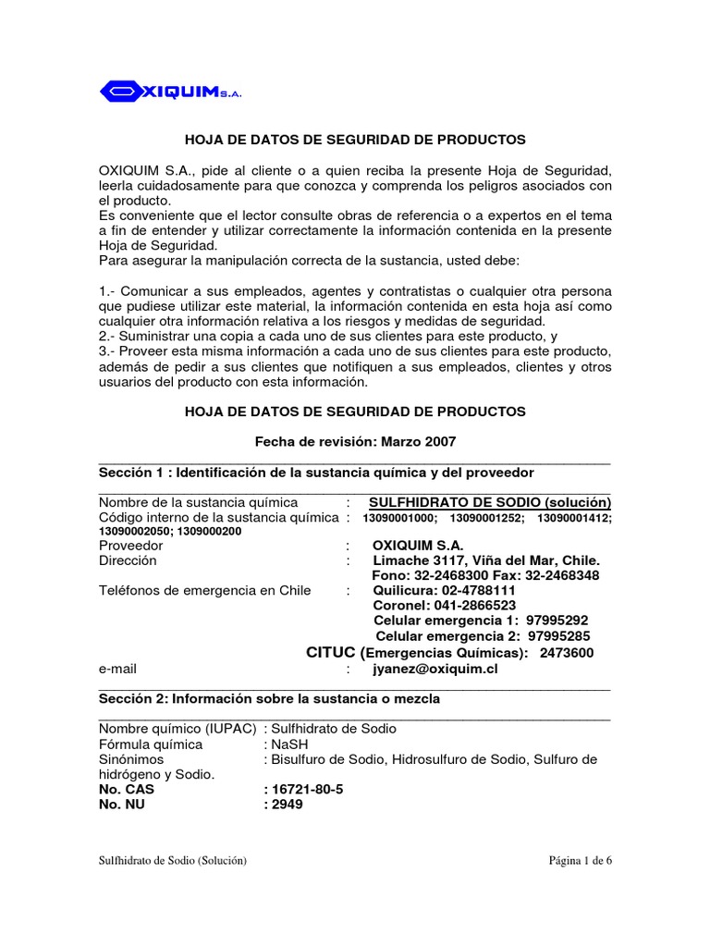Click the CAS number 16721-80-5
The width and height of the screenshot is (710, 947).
point(301,791)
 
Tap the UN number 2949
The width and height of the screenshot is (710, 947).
point(286,805)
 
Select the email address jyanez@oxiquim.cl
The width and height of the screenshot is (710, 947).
point(435,668)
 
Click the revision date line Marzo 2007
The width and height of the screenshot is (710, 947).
point(355,442)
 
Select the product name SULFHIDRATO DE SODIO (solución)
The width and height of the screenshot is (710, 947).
point(490,502)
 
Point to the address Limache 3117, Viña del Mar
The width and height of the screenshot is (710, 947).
point(486,560)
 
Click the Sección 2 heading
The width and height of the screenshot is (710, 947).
point(269,699)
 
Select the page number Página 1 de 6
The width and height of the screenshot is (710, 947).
point(581,860)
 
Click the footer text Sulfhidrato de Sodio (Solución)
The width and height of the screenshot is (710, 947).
point(173,860)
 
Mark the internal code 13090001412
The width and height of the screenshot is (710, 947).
point(574,518)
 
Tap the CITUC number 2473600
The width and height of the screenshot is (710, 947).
point(568,653)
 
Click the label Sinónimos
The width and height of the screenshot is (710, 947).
point(129,759)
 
